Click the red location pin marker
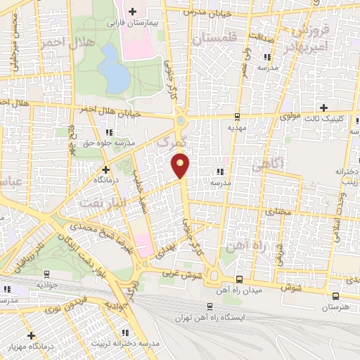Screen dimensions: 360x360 click(181, 166)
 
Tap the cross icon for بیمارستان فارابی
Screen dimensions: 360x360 click(131, 10)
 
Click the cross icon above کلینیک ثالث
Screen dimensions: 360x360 click(323, 108)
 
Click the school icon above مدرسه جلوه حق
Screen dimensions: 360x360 click(107, 131)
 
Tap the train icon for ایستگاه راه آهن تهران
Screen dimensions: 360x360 click(210, 307)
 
